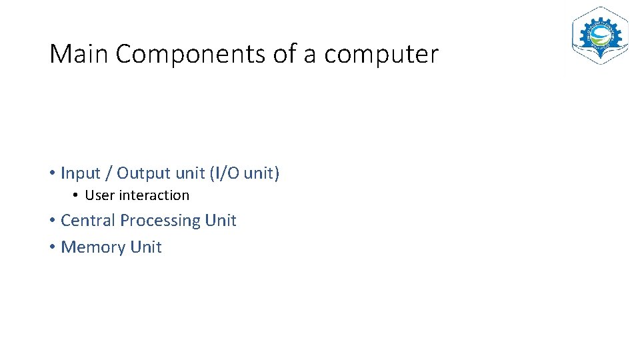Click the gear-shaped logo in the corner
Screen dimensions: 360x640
click(599, 36)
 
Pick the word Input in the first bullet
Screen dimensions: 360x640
click(81, 174)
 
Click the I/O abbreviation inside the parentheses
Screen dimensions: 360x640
click(227, 173)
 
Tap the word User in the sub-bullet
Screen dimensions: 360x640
click(100, 195)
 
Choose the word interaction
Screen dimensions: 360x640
click(154, 195)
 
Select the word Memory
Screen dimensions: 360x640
click(93, 247)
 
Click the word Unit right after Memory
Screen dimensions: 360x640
click(146, 247)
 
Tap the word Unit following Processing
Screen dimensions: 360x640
click(221, 221)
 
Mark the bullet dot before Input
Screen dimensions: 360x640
click(52, 174)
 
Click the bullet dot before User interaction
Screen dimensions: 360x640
click(77, 195)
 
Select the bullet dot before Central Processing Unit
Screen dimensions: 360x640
click(52, 221)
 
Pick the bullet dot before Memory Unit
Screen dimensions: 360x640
click(52, 247)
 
